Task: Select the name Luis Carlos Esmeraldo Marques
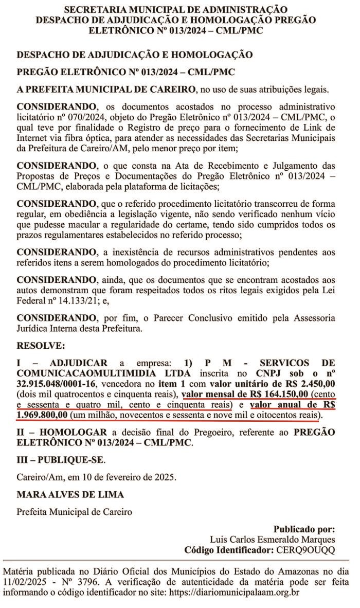click(273, 539)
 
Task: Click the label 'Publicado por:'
click(304, 529)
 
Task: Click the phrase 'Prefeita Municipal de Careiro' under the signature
click(74, 512)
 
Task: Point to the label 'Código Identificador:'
click(226, 549)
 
